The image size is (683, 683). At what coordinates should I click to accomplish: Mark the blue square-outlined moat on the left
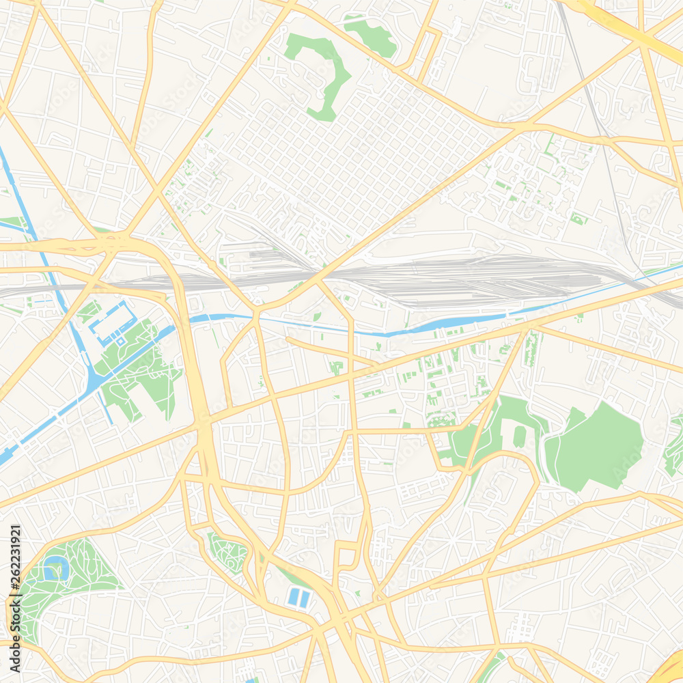click(112, 323)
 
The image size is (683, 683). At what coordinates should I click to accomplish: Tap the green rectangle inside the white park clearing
click(520, 436)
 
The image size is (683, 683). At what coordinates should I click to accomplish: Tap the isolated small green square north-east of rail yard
click(579, 219)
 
